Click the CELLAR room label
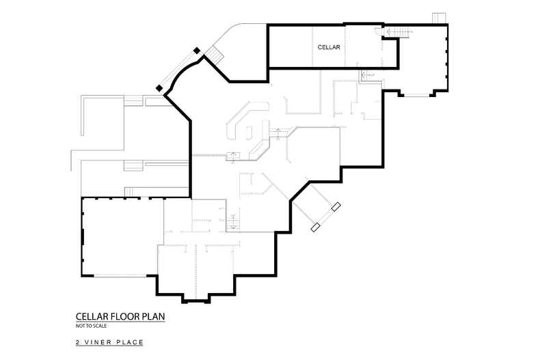(329, 47)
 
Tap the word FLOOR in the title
(129, 316)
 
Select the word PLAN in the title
(154, 316)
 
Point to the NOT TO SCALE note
(91, 326)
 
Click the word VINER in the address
(98, 342)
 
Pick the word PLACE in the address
(130, 342)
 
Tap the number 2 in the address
(78, 342)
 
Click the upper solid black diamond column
(197, 51)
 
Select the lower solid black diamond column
(159, 88)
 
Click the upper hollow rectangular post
(336, 206)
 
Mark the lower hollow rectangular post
(316, 227)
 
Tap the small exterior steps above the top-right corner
(439, 18)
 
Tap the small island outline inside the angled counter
(249, 132)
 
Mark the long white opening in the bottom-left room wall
(120, 275)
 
